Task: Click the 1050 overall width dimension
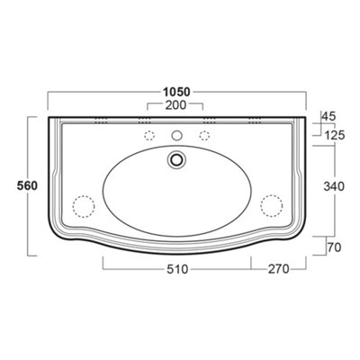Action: pyautogui.click(x=176, y=92)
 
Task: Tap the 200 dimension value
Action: pyautogui.click(x=175, y=105)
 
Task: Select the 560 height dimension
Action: pyautogui.click(x=27, y=186)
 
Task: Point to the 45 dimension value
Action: pyautogui.click(x=328, y=116)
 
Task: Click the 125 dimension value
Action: pyautogui.click(x=335, y=136)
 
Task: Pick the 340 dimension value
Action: pyautogui.click(x=334, y=186)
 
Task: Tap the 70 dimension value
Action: pyautogui.click(x=334, y=247)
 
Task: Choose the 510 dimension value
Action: pyautogui.click(x=177, y=269)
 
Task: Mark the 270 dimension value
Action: pyautogui.click(x=278, y=269)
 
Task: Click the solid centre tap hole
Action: pyautogui.click(x=177, y=136)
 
